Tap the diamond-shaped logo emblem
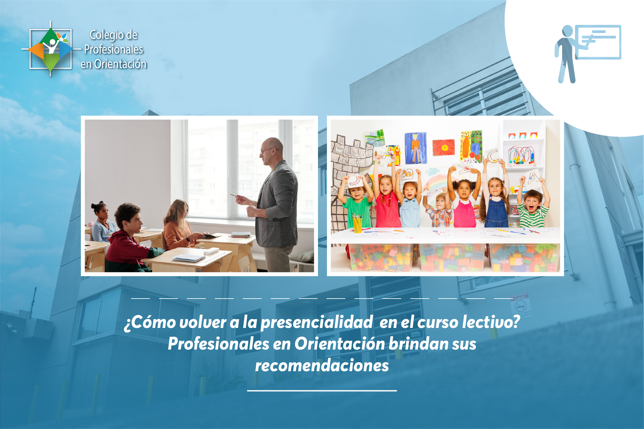pos(51,49)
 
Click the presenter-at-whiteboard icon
pos(587,54)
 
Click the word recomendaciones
pos(322,366)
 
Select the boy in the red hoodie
pos(128,238)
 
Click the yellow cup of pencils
pos(357,223)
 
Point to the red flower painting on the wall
pos(444,147)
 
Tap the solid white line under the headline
pos(322,391)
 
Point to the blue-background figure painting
pos(416,148)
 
